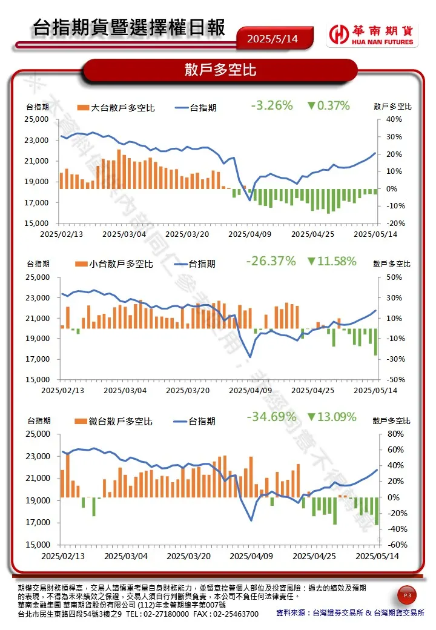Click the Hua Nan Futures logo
coord(371,35)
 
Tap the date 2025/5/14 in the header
coord(272,39)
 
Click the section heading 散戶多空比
coord(220,70)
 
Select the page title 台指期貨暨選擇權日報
coord(129,28)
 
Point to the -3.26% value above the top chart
coord(272,105)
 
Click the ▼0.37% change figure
coord(328,105)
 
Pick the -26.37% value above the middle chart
coord(271,262)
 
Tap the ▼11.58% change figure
coord(331,262)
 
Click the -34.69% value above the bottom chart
coord(271,417)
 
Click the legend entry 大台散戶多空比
coord(116,108)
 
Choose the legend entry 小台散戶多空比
coord(114,264)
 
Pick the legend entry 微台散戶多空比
coord(114,422)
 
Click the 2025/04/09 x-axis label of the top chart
coord(250,234)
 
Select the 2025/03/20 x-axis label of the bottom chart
coord(188,555)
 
